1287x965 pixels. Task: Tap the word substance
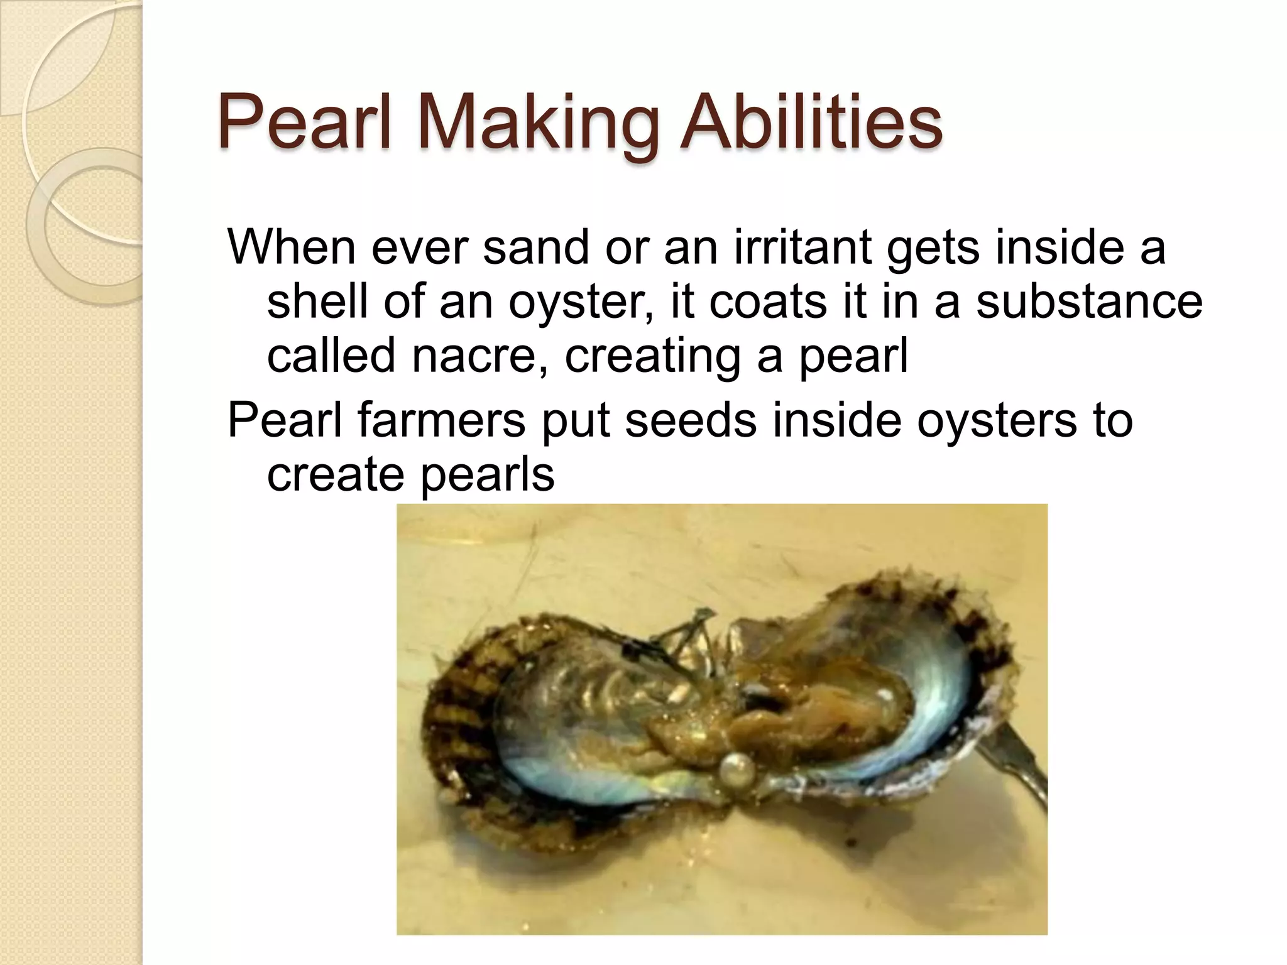[x=1088, y=302]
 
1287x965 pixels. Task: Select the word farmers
[x=441, y=420]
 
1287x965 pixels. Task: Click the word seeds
[x=691, y=420]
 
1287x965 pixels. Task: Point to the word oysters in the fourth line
[x=996, y=420]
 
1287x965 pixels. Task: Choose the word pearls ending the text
[x=487, y=474]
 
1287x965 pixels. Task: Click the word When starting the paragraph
[x=291, y=248]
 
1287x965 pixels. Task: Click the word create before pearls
[x=336, y=474]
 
